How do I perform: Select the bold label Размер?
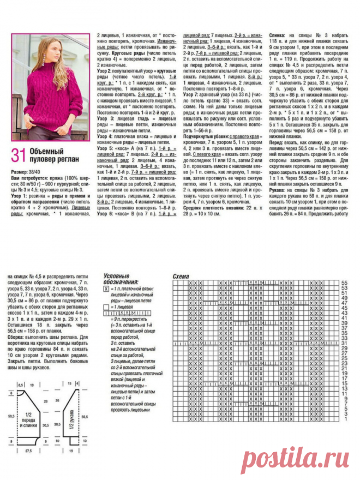21,171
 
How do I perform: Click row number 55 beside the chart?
344,283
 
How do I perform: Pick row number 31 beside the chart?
344,344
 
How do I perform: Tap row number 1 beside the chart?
344,420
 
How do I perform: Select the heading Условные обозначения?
121,279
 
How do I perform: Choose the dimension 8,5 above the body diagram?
21,385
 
